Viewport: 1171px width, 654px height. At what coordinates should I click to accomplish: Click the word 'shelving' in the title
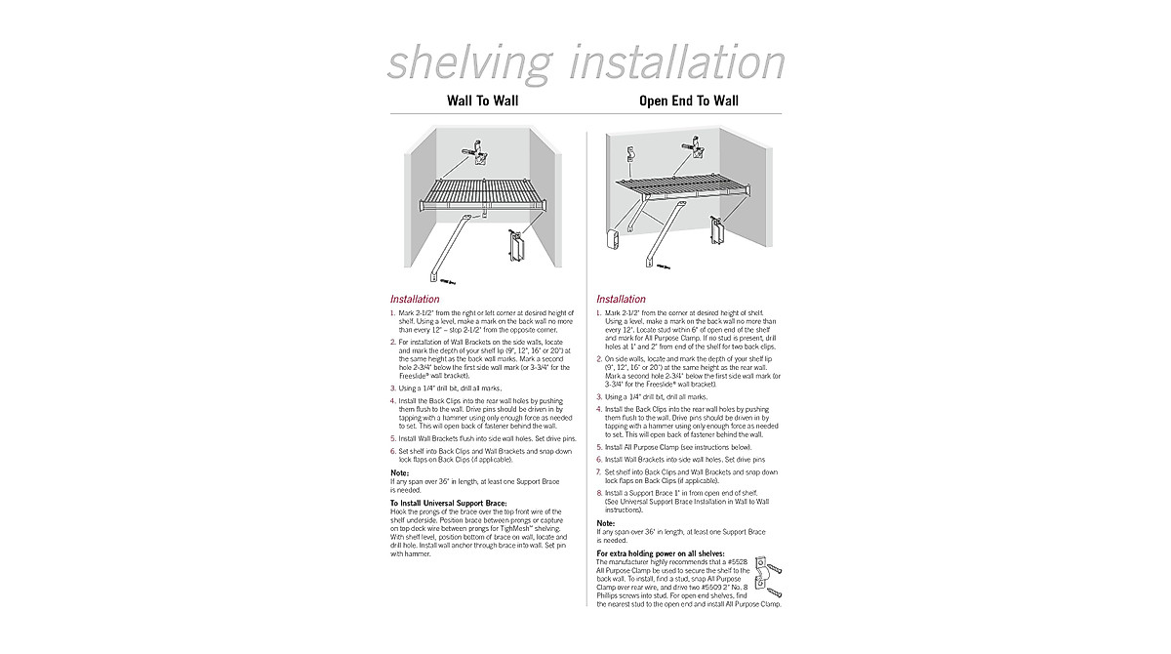tap(467, 62)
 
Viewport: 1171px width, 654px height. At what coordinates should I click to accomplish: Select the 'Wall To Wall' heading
tap(482, 101)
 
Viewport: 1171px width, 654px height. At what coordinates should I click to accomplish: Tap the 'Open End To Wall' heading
tap(688, 101)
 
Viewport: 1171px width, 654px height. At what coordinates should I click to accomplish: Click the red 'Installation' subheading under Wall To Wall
tap(415, 299)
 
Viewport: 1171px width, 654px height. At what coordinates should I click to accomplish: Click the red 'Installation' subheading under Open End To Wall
tap(621, 299)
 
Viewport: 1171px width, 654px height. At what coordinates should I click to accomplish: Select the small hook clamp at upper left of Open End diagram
tap(631, 154)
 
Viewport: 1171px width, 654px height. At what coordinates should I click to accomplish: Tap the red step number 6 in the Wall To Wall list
tap(393, 452)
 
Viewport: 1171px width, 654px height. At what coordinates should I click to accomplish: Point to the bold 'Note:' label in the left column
tap(399, 473)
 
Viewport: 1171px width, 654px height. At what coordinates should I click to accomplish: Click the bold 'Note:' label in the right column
tap(606, 523)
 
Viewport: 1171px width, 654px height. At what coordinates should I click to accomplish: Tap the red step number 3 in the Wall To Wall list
tap(393, 388)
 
